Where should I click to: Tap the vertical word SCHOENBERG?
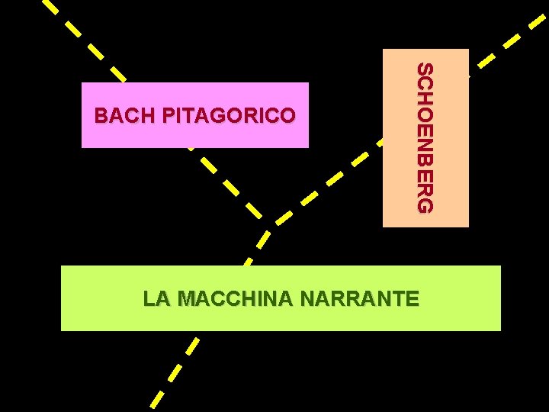coord(425,138)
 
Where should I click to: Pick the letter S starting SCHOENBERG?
coord(425,70)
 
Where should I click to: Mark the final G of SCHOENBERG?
coord(425,205)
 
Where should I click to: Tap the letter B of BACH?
coord(101,116)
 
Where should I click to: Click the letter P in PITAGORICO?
coord(169,116)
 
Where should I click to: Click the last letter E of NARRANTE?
coord(413,298)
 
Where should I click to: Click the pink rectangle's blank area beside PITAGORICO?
coord(301,134)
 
